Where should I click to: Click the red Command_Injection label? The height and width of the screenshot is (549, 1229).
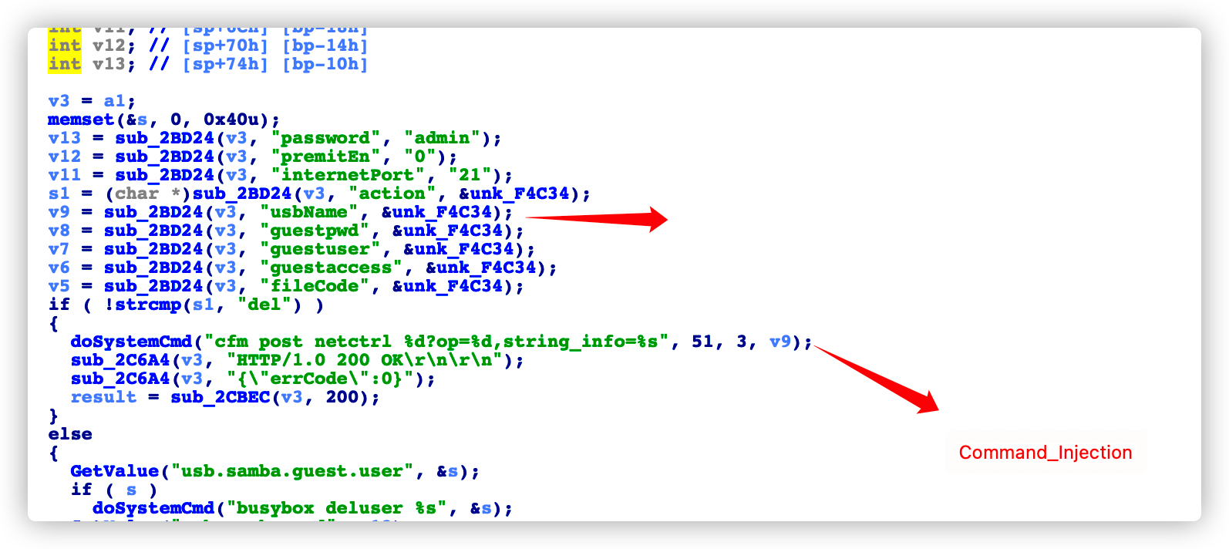click(1045, 453)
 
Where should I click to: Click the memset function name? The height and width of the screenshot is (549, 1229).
click(81, 120)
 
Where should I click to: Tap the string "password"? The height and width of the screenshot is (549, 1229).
click(325, 138)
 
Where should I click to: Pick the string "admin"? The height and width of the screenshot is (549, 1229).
click(442, 138)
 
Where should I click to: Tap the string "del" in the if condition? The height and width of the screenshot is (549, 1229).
click(264, 305)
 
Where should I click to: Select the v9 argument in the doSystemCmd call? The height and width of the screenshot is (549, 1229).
click(779, 342)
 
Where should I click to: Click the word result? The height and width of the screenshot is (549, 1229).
click(103, 397)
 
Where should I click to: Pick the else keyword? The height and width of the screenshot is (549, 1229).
click(70, 434)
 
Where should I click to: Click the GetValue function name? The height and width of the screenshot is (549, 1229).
click(114, 471)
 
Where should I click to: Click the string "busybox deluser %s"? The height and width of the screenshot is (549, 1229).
click(336, 508)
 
